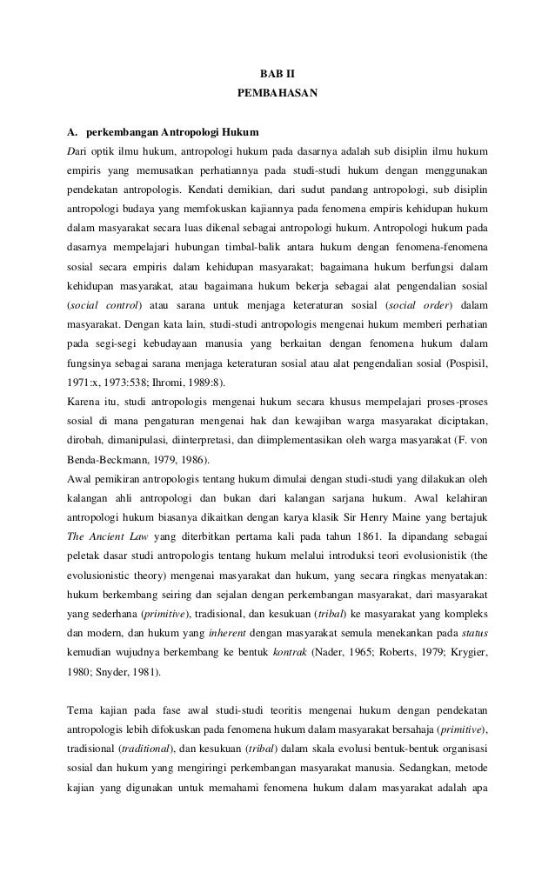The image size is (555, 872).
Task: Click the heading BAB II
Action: [x=277, y=73]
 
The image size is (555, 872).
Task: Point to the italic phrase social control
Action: [x=104, y=304]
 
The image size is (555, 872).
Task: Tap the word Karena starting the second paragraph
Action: [x=84, y=401]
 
